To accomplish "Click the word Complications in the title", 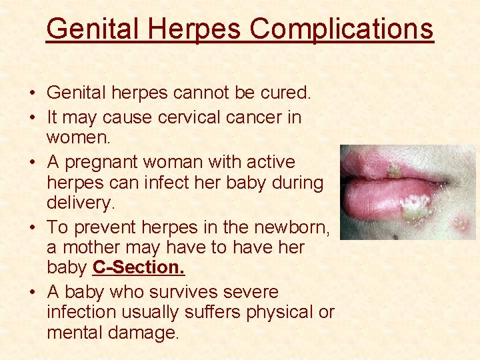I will tap(341, 29).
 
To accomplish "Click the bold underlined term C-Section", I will tap(139, 268).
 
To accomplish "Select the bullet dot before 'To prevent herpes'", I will tap(33, 227).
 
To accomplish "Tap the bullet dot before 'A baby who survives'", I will tap(33, 293).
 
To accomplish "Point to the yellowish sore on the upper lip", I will tap(395, 171).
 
